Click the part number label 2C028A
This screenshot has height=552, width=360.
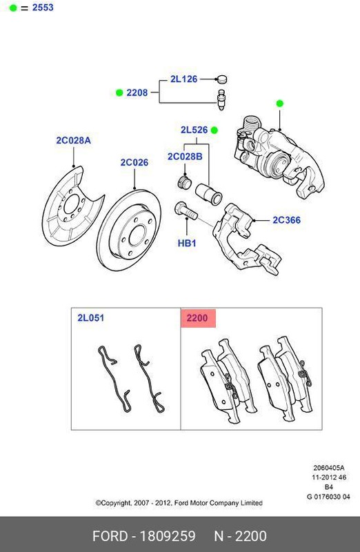click(73, 141)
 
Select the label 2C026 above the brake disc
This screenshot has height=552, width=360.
click(134, 162)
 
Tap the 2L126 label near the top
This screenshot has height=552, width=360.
click(183, 79)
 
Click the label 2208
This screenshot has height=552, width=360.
click(137, 92)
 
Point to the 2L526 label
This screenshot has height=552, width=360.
click(194, 130)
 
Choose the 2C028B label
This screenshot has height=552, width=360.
click(185, 157)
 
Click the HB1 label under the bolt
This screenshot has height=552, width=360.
click(187, 243)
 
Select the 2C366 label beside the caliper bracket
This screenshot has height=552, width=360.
click(286, 220)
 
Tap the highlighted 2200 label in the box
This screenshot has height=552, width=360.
click(197, 318)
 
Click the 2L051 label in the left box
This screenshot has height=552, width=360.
click(91, 318)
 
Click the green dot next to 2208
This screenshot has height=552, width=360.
click(119, 92)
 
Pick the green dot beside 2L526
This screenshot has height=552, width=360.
click(214, 130)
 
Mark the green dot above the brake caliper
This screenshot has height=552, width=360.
click(280, 103)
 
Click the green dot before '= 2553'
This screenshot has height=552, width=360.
click(13, 8)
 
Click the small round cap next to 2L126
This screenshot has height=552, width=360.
click(221, 79)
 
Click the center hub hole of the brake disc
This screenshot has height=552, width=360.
click(137, 235)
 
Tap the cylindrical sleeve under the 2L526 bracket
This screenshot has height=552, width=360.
click(209, 194)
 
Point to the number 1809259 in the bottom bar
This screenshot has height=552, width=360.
click(168, 536)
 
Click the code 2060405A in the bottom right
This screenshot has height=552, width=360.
click(329, 468)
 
